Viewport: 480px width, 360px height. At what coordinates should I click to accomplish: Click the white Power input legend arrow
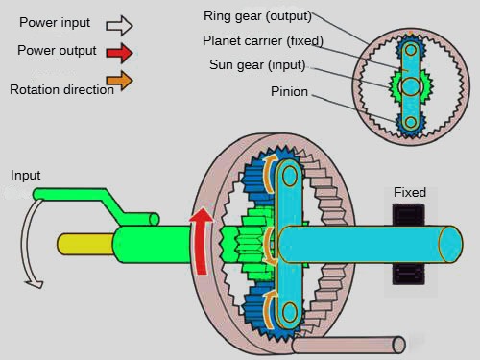[x=119, y=26]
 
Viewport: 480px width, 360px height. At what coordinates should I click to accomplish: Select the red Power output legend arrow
[x=119, y=53]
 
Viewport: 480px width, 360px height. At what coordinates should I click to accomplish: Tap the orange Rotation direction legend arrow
[x=119, y=81]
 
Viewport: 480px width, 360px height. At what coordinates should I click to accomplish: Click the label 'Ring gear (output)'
[x=257, y=16]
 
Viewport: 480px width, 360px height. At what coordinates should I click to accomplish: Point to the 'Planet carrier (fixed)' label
[x=263, y=41]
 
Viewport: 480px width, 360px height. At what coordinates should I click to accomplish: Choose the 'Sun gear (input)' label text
[x=257, y=65]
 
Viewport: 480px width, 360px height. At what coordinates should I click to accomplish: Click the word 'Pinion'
[x=289, y=91]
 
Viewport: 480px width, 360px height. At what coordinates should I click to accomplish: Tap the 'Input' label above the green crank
[x=26, y=176]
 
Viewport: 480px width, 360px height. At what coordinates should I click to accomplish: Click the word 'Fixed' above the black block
[x=410, y=192]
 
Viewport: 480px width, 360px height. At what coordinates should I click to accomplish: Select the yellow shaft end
[x=84, y=244]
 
